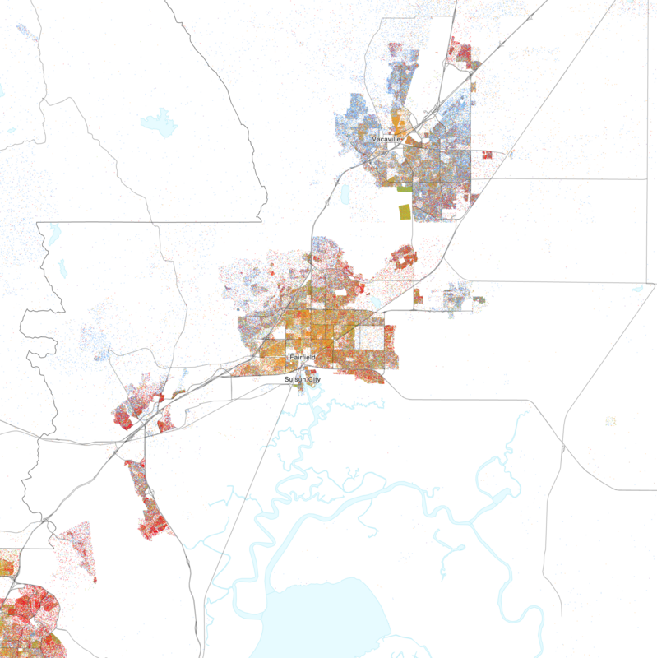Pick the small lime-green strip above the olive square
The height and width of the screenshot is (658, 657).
click(x=403, y=188)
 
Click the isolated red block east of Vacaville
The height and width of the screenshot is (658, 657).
click(x=487, y=155)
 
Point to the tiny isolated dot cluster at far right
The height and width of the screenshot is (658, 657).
click(x=610, y=421)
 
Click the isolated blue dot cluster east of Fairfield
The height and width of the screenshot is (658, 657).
click(x=457, y=298)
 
